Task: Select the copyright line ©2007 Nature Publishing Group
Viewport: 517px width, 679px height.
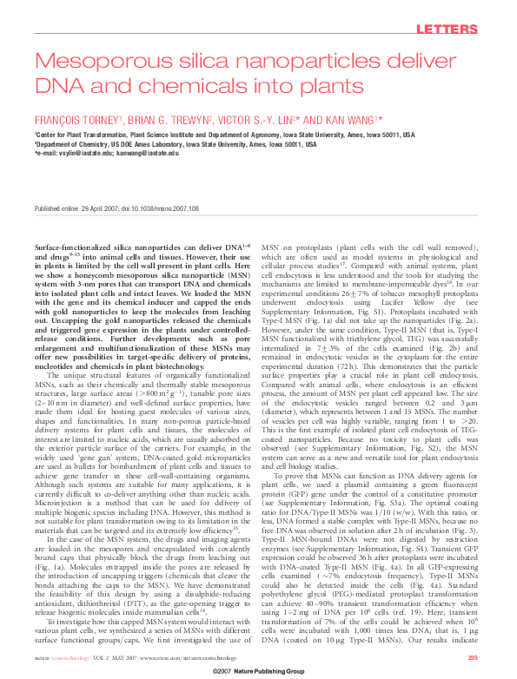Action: (x=258, y=672)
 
